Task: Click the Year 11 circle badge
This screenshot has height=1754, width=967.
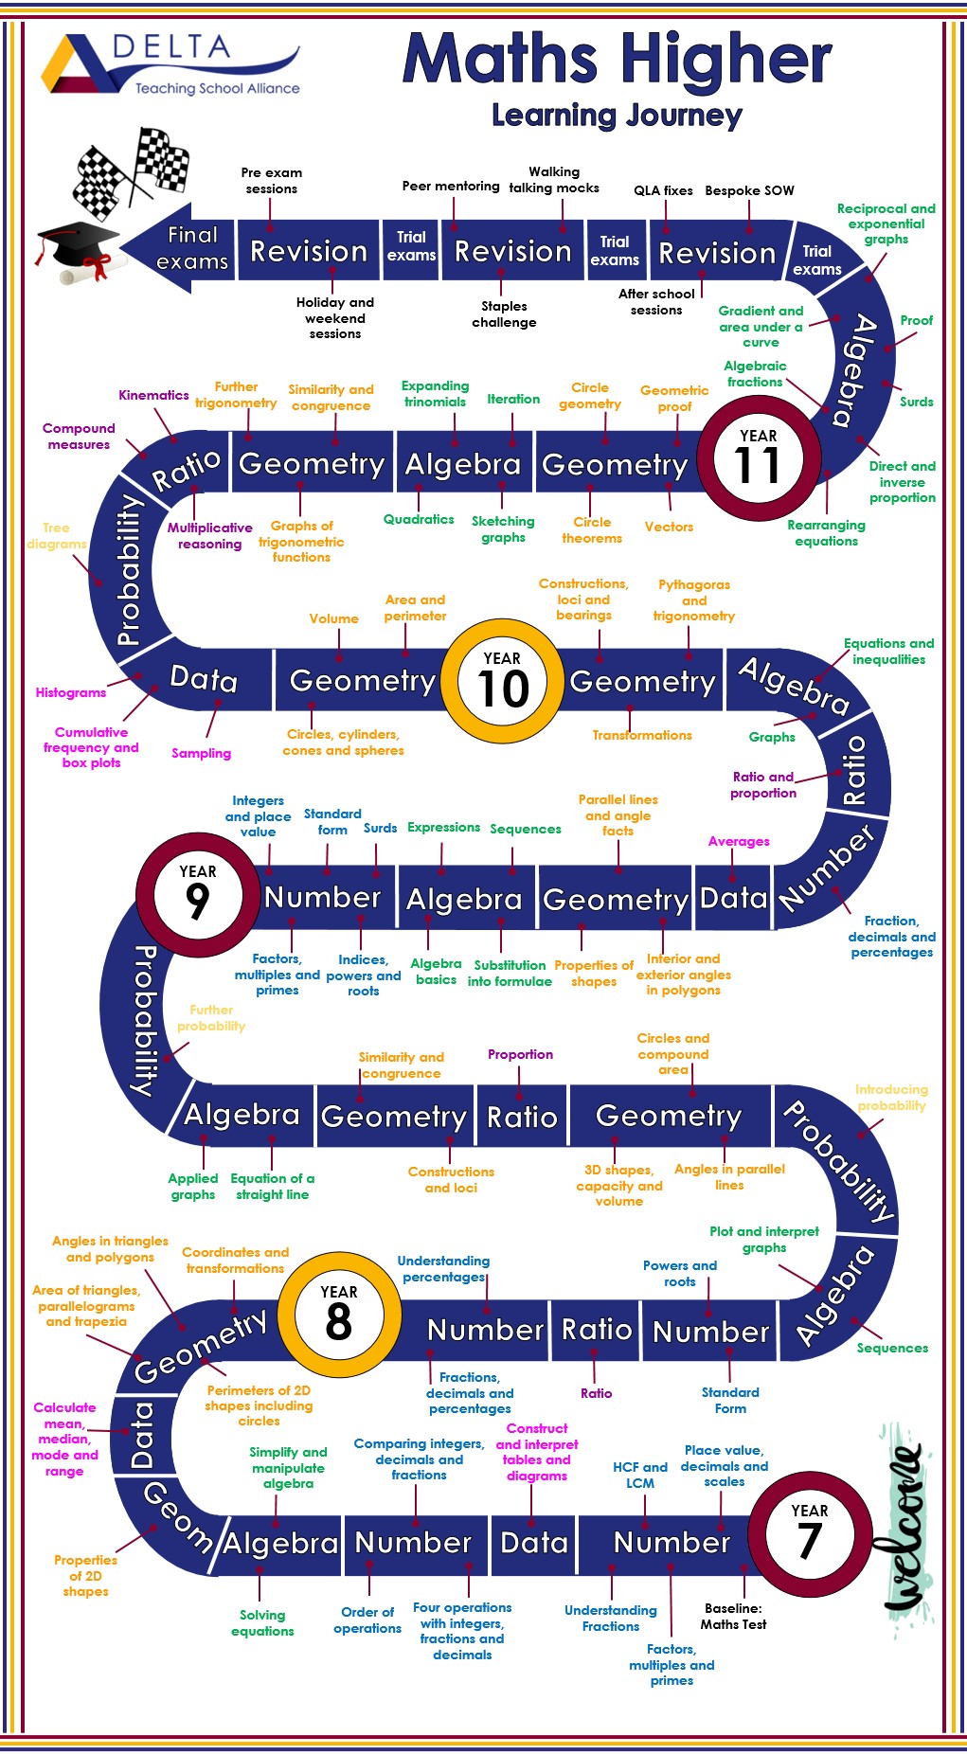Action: pyautogui.click(x=759, y=458)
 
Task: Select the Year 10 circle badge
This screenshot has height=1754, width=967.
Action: pyautogui.click(x=502, y=681)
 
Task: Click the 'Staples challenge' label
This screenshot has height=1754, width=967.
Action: pyautogui.click(x=504, y=314)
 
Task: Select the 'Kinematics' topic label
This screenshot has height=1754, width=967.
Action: pyautogui.click(x=153, y=395)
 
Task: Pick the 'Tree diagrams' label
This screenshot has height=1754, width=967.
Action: pyautogui.click(x=57, y=536)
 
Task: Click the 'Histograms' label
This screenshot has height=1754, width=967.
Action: pyautogui.click(x=71, y=692)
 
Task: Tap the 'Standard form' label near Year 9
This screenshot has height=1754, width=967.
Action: pyautogui.click(x=332, y=821)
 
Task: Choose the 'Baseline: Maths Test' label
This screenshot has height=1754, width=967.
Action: pyautogui.click(x=733, y=1616)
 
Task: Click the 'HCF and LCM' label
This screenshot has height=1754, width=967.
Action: pyautogui.click(x=640, y=1475)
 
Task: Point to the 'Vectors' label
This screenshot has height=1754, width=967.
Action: pyautogui.click(x=669, y=527)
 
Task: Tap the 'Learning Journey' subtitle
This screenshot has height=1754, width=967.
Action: pyautogui.click(x=617, y=116)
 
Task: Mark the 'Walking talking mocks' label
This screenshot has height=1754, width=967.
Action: pyautogui.click(x=554, y=180)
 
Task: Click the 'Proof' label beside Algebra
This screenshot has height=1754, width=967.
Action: pyautogui.click(x=916, y=320)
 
